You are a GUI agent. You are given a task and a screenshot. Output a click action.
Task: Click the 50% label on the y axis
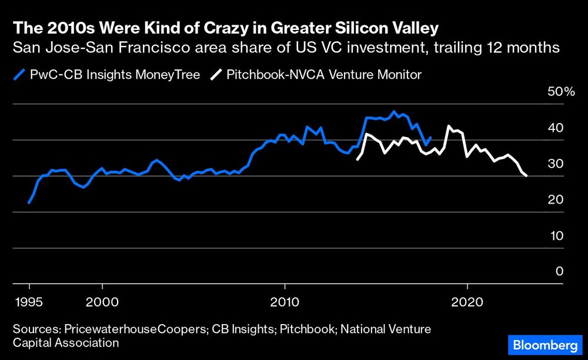(562, 92)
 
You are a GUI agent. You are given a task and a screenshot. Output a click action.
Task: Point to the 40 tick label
(556, 128)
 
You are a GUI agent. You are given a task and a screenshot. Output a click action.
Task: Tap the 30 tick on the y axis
(556, 164)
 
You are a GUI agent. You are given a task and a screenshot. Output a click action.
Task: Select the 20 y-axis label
(556, 199)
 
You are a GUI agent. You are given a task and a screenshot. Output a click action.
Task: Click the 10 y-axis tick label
(556, 235)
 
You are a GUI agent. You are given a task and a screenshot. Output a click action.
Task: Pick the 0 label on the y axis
(559, 271)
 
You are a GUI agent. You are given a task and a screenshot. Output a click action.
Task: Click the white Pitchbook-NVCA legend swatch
(217, 74)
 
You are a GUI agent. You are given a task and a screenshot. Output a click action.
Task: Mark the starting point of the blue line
(29, 202)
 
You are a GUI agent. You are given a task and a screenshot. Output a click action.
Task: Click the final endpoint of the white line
(526, 175)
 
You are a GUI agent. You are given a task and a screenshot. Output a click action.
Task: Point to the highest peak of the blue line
(394, 112)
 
